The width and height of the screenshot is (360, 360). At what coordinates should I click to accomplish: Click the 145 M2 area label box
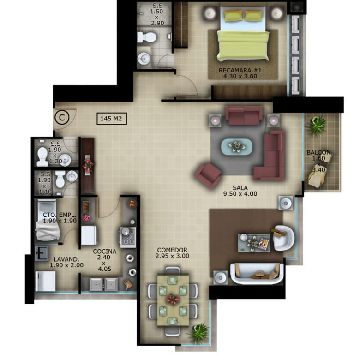pyautogui.click(x=112, y=119)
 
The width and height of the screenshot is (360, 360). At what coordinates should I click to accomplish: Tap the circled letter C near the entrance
pyautogui.click(x=62, y=118)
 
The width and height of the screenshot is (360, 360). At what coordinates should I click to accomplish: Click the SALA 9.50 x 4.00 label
pyautogui.click(x=240, y=191)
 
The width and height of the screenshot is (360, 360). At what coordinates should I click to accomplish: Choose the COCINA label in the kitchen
pyautogui.click(x=104, y=252)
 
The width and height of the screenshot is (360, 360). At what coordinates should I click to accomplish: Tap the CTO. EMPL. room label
pyautogui.click(x=60, y=215)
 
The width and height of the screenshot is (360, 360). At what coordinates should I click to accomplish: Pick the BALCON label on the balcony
pyautogui.click(x=318, y=152)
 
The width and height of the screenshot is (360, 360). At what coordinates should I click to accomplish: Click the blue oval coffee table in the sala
pyautogui.click(x=237, y=147)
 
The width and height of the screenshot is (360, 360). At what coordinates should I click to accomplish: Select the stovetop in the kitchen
pyautogui.click(x=128, y=237)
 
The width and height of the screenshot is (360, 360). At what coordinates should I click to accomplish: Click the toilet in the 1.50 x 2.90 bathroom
pyautogui.click(x=146, y=37)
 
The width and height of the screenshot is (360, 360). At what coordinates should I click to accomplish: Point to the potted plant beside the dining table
pyautogui.click(x=198, y=332)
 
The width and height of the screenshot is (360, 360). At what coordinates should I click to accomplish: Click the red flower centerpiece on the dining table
pyautogui.click(x=173, y=300)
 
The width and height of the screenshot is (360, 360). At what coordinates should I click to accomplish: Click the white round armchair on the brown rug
pyautogui.click(x=283, y=238)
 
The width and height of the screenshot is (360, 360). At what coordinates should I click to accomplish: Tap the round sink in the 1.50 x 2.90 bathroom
pyautogui.click(x=144, y=58)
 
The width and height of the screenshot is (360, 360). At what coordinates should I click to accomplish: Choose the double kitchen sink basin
pyautogui.click(x=103, y=284)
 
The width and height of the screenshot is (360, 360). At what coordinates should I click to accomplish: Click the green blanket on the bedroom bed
pyautogui.click(x=243, y=45)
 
